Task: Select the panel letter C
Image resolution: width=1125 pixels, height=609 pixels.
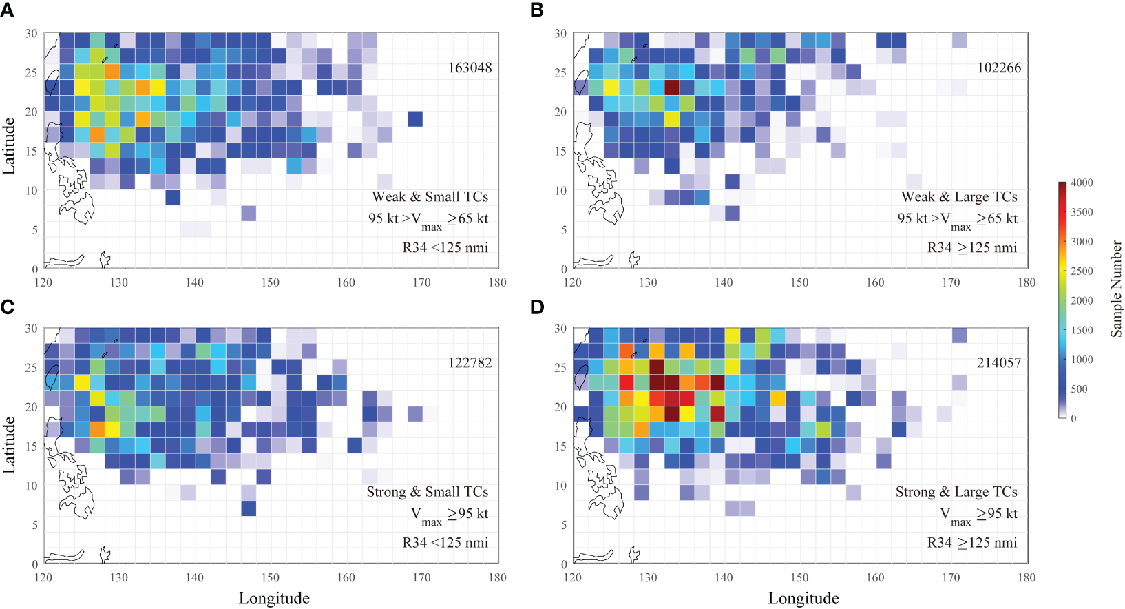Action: click(7, 307)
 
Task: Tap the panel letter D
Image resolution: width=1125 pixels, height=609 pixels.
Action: click(538, 307)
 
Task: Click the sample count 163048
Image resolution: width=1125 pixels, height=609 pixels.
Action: click(470, 68)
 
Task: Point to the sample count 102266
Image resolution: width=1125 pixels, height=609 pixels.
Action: click(999, 68)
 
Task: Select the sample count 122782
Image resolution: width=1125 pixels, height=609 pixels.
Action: click(470, 362)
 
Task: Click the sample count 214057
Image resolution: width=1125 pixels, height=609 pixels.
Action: click(999, 362)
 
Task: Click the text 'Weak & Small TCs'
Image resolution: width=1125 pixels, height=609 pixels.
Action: click(430, 197)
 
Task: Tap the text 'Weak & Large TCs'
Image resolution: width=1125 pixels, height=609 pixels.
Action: click(959, 197)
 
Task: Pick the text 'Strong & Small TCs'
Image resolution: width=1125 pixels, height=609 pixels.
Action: click(427, 492)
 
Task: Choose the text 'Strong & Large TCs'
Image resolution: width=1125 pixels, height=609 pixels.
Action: click(956, 492)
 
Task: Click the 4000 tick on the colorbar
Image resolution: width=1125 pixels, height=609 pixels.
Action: click(1082, 183)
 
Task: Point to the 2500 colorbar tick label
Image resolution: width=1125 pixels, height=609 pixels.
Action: click(1082, 271)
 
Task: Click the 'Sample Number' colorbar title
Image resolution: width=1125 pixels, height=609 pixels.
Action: click(1116, 289)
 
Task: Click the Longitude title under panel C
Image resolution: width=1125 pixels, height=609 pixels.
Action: click(274, 598)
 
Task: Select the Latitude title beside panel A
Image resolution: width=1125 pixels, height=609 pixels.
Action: click(9, 146)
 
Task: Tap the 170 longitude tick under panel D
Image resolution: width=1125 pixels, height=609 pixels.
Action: click(951, 577)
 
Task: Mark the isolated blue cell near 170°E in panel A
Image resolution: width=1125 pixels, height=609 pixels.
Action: click(415, 118)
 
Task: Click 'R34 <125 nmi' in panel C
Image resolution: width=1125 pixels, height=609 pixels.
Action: click(445, 542)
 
